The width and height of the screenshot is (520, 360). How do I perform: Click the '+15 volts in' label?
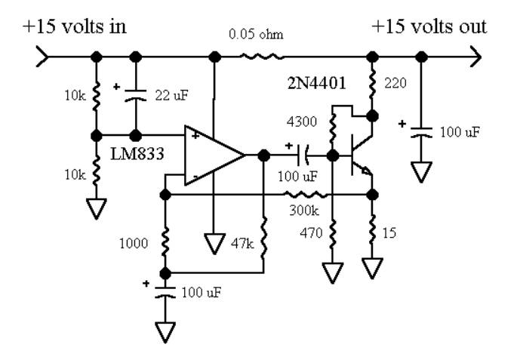click(75, 26)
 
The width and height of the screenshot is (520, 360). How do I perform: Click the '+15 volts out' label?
click(429, 26)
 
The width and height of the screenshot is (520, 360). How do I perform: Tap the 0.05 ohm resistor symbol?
click(262, 57)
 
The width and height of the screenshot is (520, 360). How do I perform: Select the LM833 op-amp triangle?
click(214, 155)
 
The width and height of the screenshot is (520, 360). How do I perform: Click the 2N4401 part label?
click(317, 83)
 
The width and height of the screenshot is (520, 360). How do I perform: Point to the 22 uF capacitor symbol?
click(135, 95)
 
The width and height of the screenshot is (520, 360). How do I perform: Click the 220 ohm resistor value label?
click(395, 83)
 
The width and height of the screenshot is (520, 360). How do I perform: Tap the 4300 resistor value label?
click(302, 122)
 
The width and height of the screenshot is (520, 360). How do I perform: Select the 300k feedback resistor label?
click(304, 211)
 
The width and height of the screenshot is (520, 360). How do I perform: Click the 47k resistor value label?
click(242, 244)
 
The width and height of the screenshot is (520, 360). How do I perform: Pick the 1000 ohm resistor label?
click(134, 244)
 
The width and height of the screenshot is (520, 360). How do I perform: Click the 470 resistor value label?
click(311, 233)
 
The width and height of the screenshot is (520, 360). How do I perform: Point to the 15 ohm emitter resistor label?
click(389, 233)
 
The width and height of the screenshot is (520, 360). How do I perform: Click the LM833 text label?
click(137, 154)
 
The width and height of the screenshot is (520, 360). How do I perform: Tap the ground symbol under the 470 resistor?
click(333, 272)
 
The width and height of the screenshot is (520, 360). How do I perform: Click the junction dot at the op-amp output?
click(263, 155)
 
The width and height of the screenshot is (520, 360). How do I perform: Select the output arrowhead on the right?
click(475, 57)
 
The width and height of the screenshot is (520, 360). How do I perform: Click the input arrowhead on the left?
click(42, 57)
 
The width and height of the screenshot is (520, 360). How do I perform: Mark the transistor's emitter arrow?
click(366, 171)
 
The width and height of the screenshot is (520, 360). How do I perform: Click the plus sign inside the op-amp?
click(195, 135)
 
